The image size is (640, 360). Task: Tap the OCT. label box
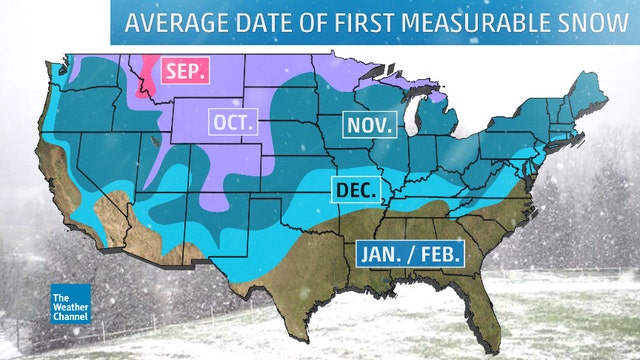[x=234, y=123]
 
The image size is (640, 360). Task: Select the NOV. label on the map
[x=371, y=124]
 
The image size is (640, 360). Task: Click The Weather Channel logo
[x=69, y=303]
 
